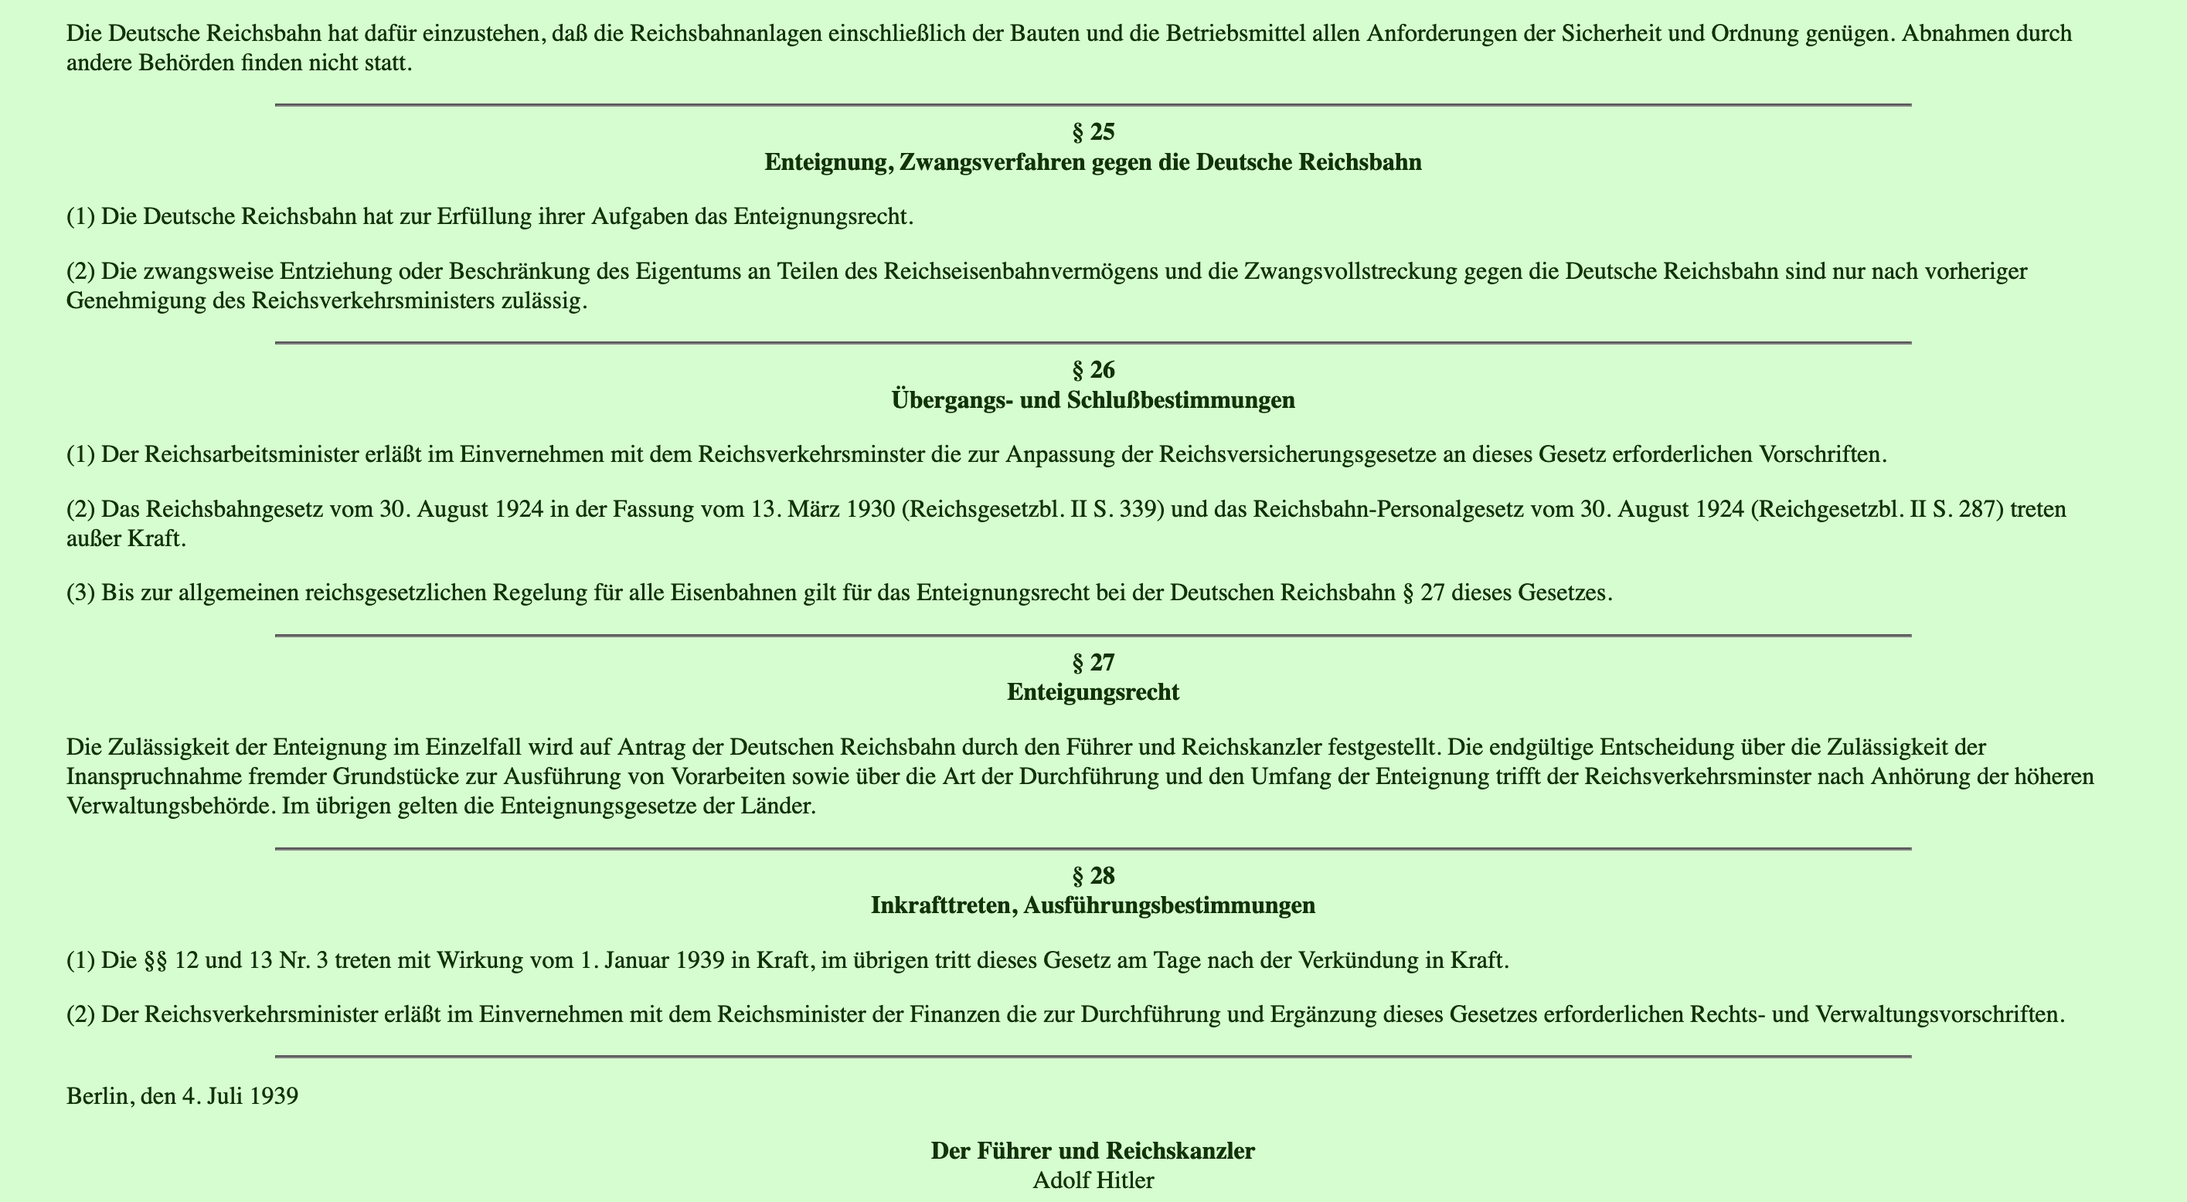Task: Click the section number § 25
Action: [x=1093, y=132]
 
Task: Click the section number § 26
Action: [x=1093, y=370]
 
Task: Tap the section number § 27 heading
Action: [x=1093, y=662]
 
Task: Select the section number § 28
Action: [x=1093, y=875]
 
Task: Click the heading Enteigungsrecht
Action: [x=1093, y=693]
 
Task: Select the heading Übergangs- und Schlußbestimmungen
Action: [x=1093, y=400]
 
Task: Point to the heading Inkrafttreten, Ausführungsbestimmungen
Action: [x=1093, y=905]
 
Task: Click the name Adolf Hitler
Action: [x=1093, y=1180]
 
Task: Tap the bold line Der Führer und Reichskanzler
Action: [x=1093, y=1151]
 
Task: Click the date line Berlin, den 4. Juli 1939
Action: [x=182, y=1096]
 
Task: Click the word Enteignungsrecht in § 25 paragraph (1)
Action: [x=821, y=216]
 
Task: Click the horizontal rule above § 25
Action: [x=1093, y=104]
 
